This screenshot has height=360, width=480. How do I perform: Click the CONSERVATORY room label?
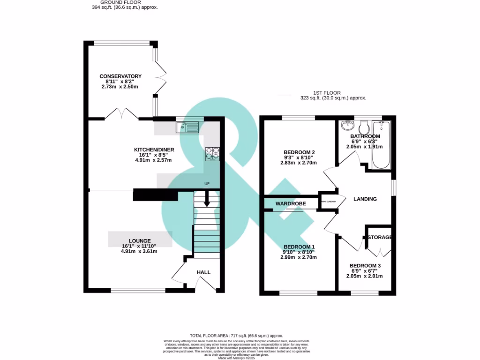click(120, 76)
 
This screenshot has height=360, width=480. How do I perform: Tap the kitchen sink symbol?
click(187, 127)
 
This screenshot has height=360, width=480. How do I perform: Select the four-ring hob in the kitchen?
click(212, 153)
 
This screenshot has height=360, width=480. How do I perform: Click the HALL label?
click(203, 272)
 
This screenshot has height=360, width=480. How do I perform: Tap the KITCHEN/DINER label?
click(154, 150)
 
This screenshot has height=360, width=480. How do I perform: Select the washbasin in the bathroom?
click(347, 126)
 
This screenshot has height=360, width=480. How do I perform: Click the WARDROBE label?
click(291, 204)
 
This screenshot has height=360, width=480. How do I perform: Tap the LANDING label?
click(365, 199)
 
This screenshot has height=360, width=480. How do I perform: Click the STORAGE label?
click(380, 238)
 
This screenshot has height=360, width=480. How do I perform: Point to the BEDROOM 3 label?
click(365, 266)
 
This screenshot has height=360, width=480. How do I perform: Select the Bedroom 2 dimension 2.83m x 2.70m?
click(299, 163)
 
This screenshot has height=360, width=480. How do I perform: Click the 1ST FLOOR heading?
click(327, 93)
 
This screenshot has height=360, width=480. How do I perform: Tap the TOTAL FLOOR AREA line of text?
click(236, 336)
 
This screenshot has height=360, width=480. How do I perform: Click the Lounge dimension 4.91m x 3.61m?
click(139, 251)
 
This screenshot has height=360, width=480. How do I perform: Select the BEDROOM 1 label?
click(299, 247)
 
